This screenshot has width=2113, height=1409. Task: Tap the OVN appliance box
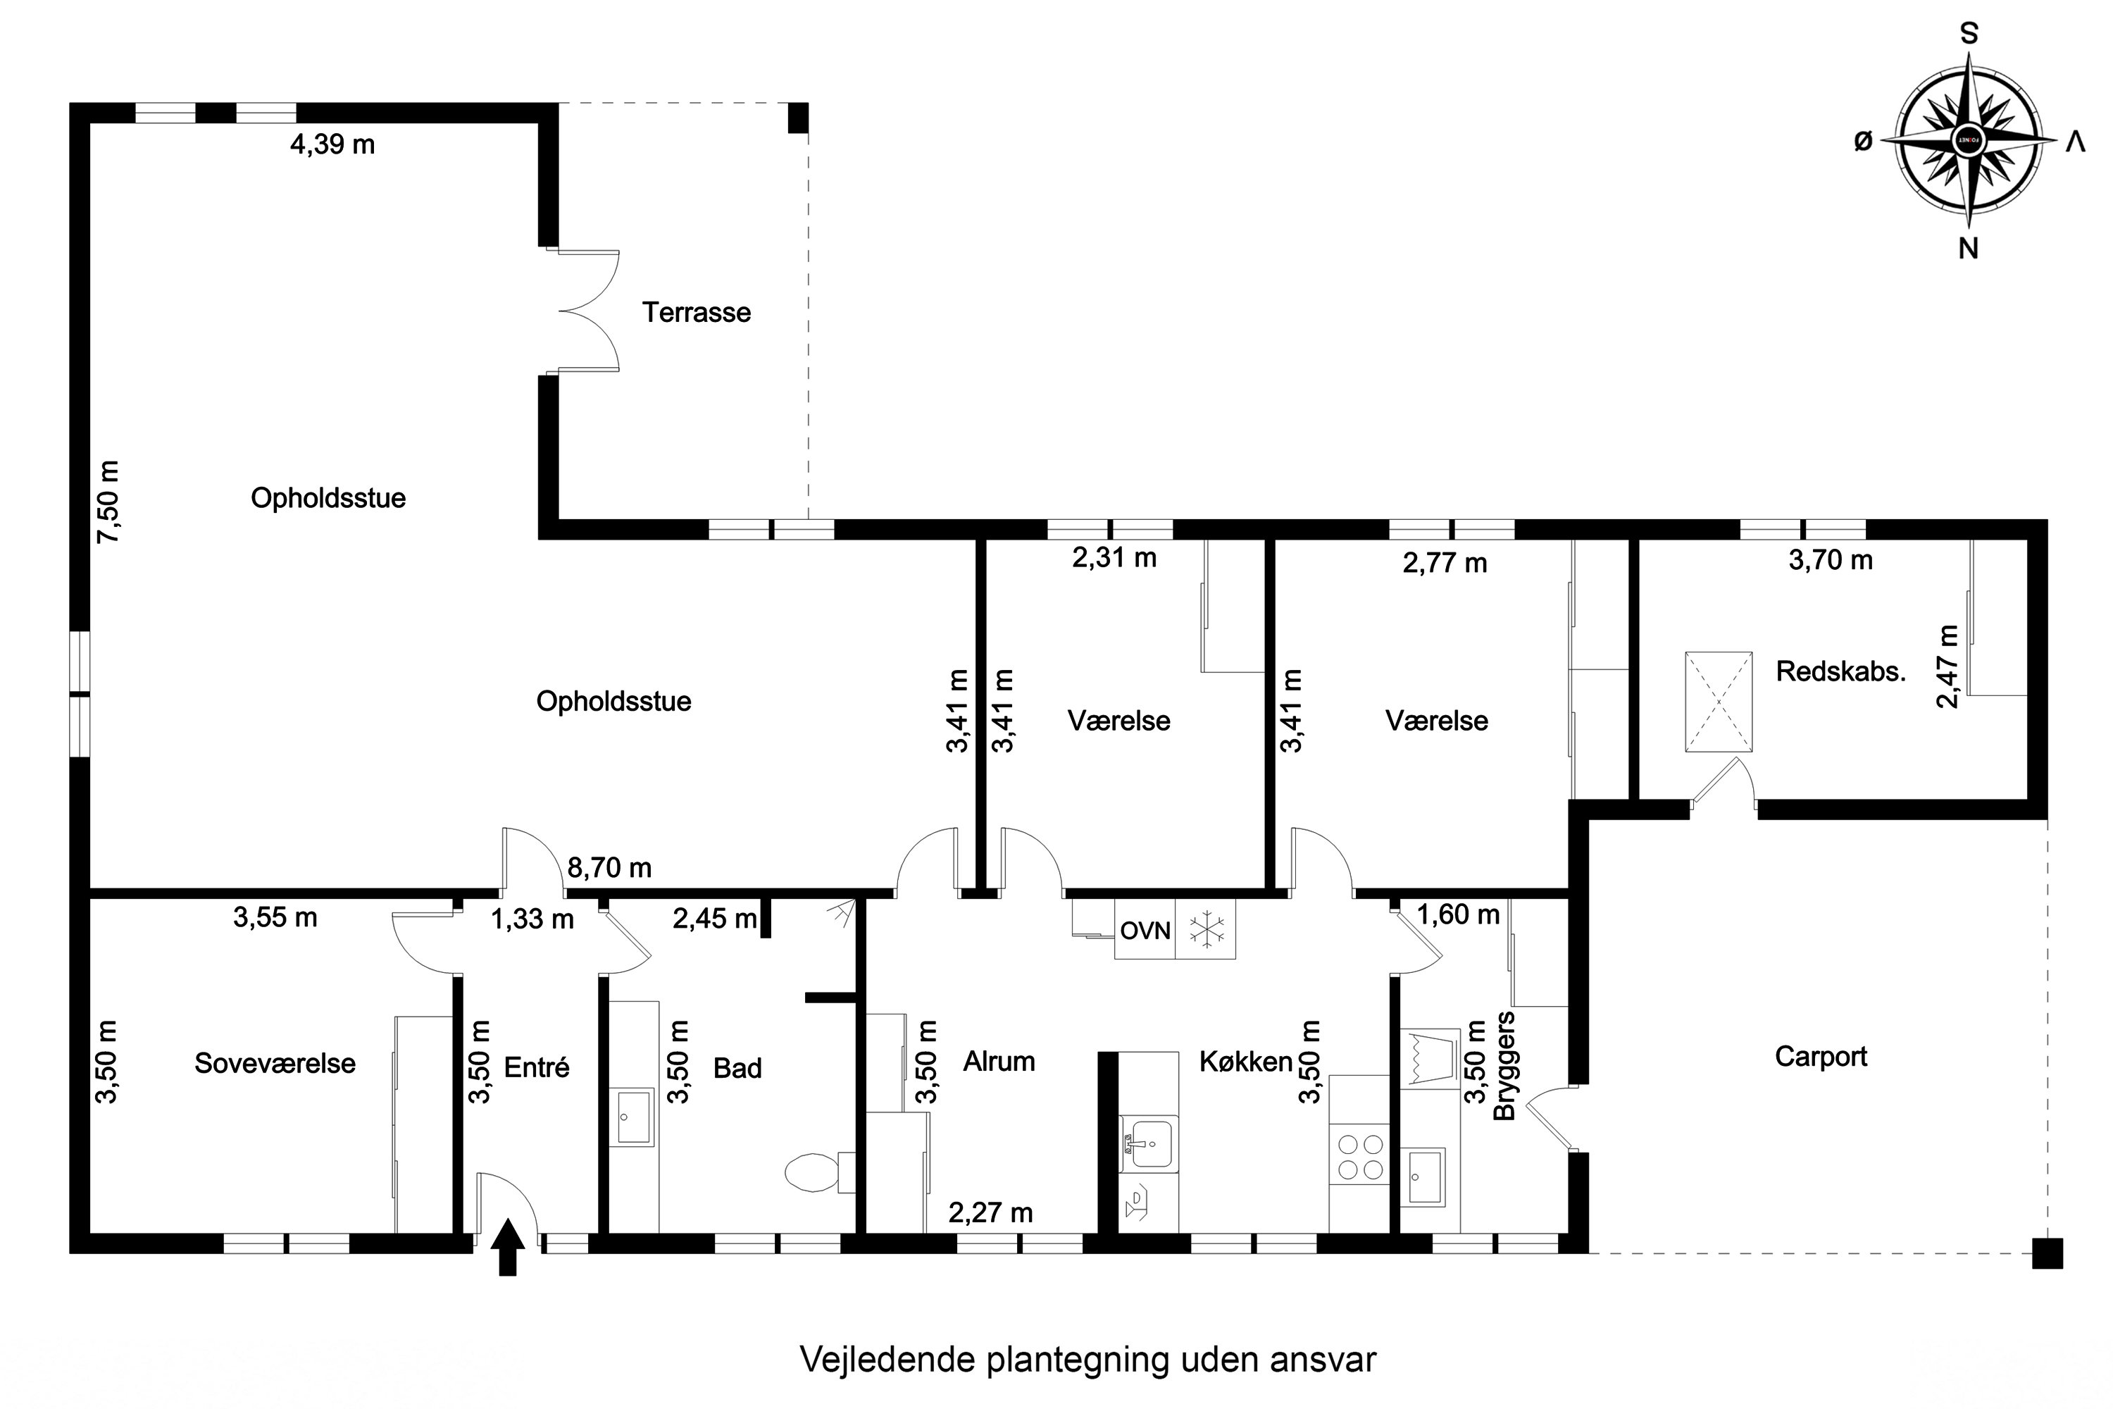[1145, 931]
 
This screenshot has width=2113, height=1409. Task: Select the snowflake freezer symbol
[1207, 930]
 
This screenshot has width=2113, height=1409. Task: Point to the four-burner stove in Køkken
[1360, 1157]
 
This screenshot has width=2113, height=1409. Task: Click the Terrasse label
[697, 313]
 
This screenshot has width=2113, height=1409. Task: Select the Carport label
[1820, 1057]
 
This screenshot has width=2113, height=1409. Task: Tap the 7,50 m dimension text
[108, 502]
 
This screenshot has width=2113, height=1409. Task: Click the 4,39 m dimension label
[332, 144]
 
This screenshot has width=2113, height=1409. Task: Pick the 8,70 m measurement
[609, 868]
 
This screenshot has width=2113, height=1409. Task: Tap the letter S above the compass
[1969, 34]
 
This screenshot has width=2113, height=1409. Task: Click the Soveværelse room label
[275, 1064]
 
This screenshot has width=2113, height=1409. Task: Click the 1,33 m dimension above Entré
[532, 919]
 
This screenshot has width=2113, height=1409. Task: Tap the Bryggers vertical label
[1504, 1067]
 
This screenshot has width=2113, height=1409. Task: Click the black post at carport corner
[2047, 1253]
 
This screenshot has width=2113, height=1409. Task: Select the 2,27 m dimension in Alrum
[990, 1213]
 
